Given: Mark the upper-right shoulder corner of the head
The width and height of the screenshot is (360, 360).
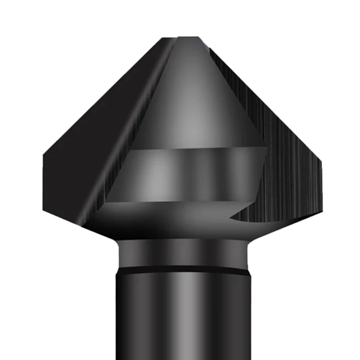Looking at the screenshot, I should click(x=323, y=157).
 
